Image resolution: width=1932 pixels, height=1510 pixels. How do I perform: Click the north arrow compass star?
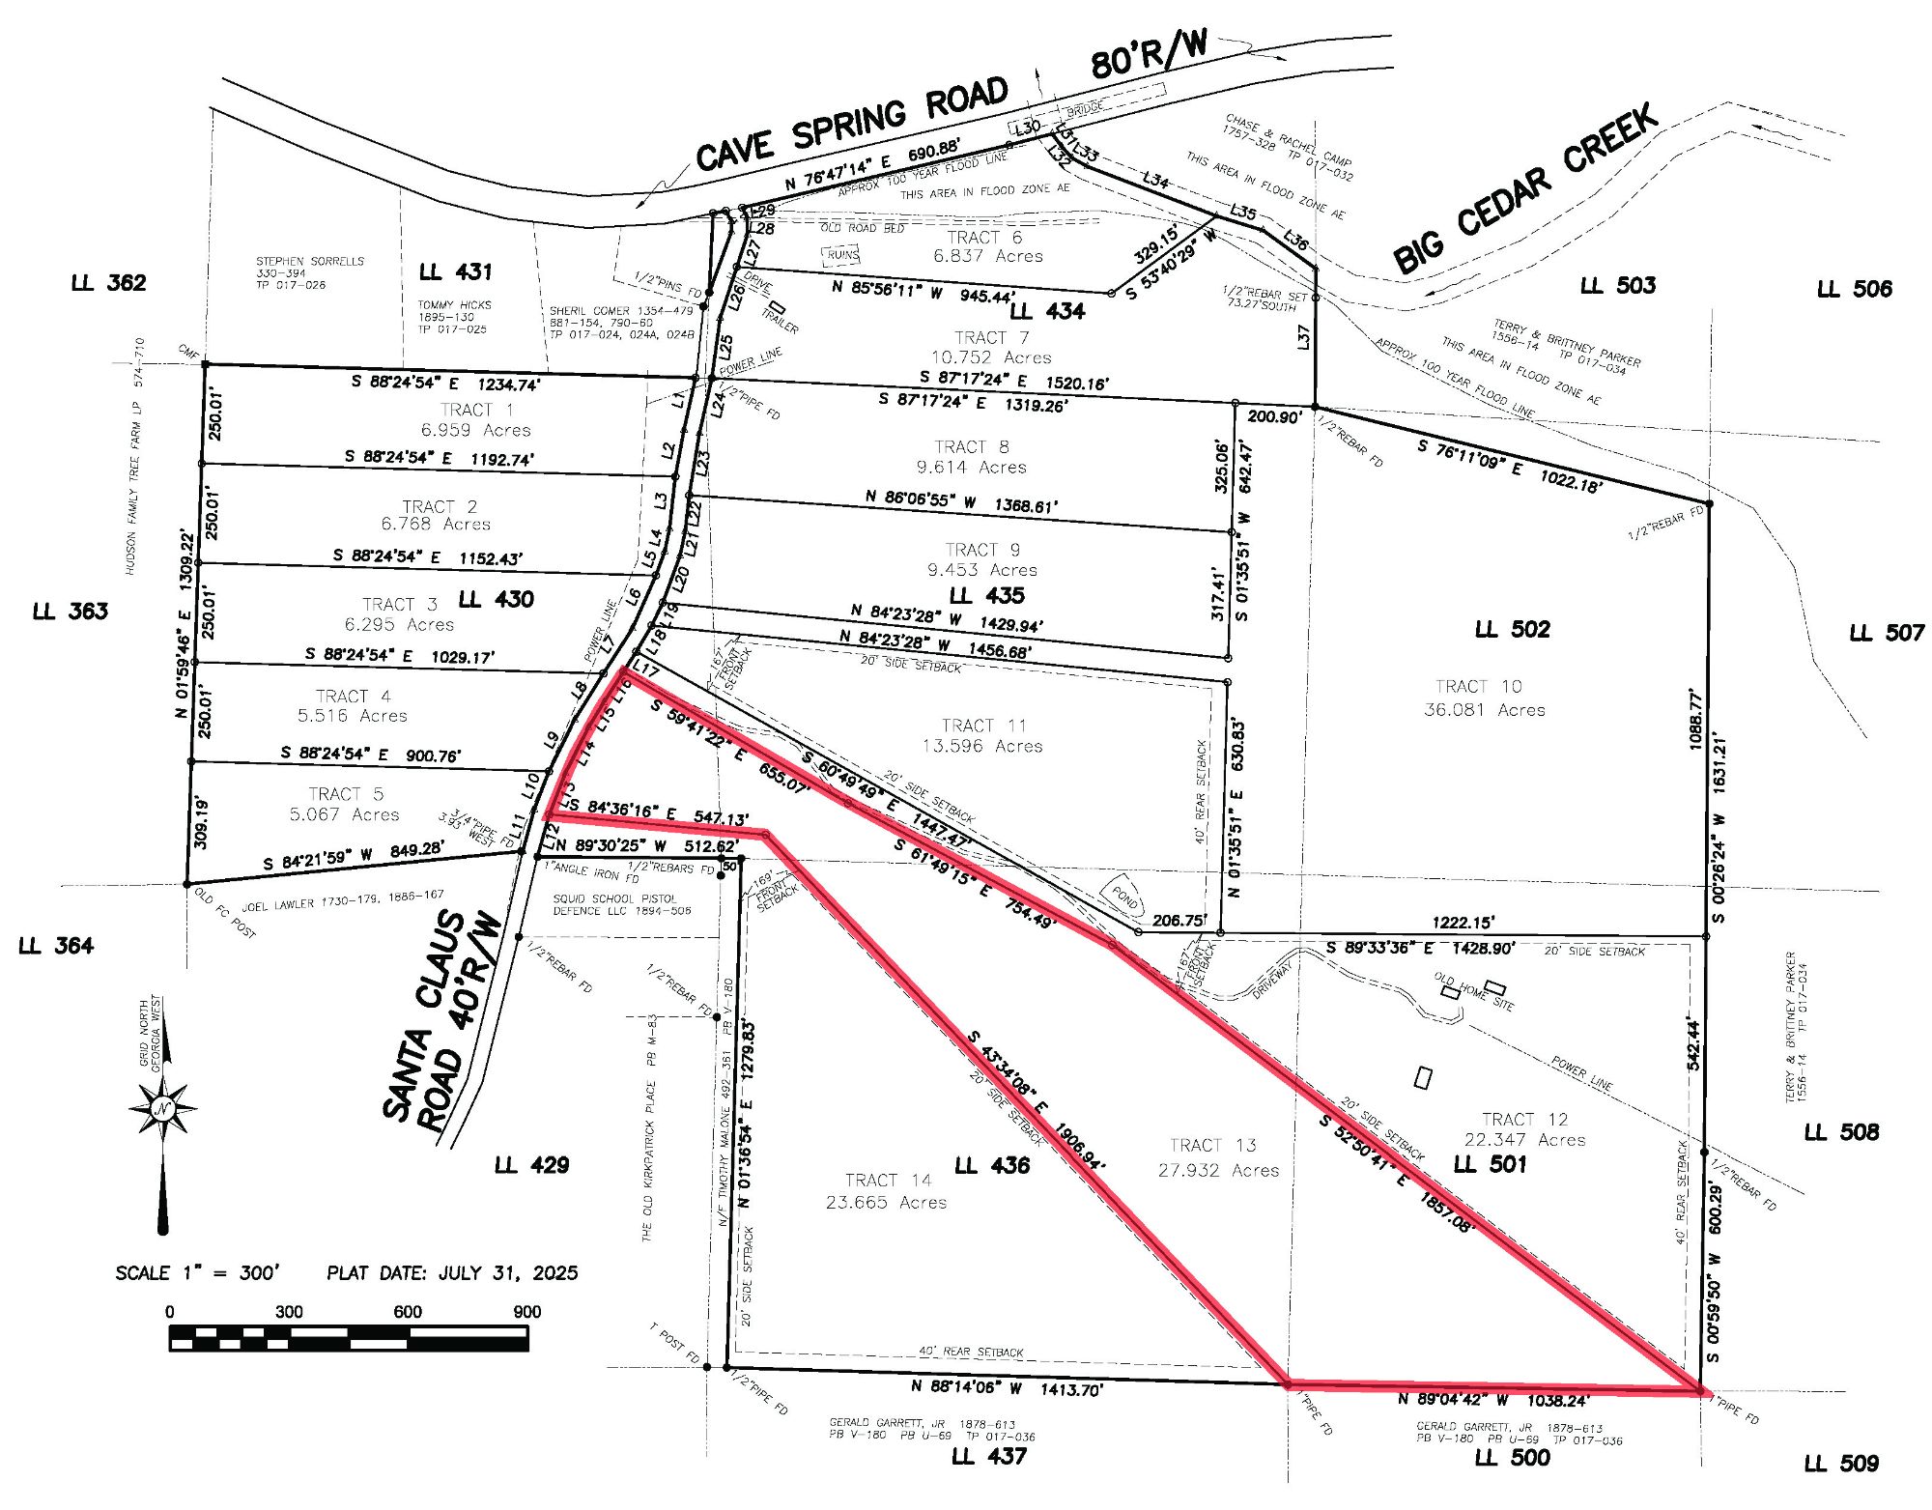162,1108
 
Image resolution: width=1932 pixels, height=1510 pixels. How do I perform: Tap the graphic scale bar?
349,1338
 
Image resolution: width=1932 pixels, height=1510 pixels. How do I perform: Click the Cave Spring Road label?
851,123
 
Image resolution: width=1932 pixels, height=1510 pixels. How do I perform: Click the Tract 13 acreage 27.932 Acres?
1218,1170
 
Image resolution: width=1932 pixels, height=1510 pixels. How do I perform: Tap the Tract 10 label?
1478,686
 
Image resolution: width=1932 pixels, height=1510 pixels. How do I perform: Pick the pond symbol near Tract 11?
1124,897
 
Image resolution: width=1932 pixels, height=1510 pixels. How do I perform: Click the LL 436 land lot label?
991,1165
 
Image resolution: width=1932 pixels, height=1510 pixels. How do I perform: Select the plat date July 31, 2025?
452,1272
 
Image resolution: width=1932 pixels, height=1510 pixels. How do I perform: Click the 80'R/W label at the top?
1149,53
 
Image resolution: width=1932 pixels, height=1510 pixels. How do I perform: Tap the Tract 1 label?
476,410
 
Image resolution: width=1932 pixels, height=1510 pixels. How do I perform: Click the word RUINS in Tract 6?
840,255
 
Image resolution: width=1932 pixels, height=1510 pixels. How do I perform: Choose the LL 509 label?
1840,1463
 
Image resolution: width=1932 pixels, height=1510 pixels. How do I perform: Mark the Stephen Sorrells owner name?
310,261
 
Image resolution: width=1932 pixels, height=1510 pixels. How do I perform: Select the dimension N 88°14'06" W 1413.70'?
1007,1388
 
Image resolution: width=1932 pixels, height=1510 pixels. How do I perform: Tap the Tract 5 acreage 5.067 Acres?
344,814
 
